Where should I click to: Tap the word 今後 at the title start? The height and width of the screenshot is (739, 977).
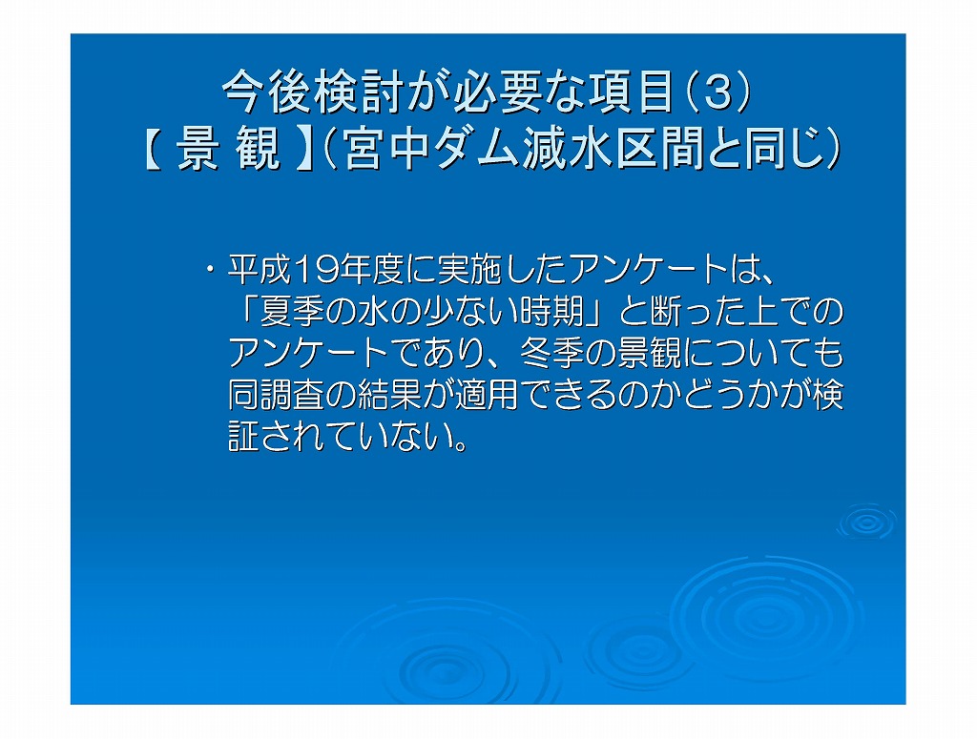[267, 92]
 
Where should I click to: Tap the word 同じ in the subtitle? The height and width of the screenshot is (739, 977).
[791, 150]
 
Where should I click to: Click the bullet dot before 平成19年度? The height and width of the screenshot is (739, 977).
[211, 270]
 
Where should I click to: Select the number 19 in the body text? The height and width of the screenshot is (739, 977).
[315, 270]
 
